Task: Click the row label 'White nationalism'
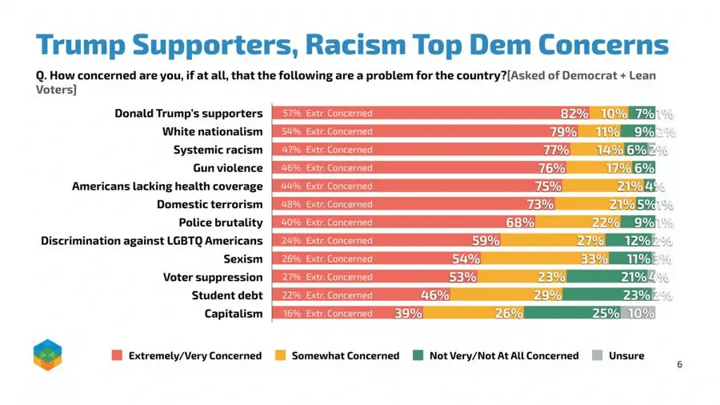[212, 131]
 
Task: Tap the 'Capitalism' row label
[234, 314]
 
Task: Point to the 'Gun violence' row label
[227, 168]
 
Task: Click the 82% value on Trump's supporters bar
[574, 114]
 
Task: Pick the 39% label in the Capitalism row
[408, 314]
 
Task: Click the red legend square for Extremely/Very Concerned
[117, 355]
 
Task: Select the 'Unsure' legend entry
[625, 355]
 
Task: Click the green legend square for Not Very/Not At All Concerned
[418, 355]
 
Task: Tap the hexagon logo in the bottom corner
[47, 355]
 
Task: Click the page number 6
[679, 365]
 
